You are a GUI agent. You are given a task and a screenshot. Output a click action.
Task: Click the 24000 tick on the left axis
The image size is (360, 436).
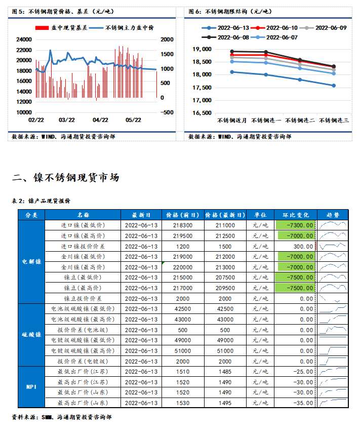23,39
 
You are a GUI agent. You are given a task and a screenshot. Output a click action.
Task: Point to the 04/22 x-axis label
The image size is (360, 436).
101,120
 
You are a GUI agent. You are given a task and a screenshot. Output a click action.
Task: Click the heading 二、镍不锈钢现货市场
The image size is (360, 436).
66,177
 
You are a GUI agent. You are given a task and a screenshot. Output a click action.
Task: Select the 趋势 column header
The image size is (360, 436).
333,215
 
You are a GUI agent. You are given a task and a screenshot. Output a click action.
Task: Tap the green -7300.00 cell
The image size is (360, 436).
295,225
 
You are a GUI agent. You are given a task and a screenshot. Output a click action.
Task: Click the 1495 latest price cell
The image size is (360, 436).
225,403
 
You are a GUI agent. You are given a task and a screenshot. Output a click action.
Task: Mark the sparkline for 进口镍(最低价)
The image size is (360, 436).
333,225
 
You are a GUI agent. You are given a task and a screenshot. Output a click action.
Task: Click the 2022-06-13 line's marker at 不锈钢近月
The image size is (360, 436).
232,72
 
